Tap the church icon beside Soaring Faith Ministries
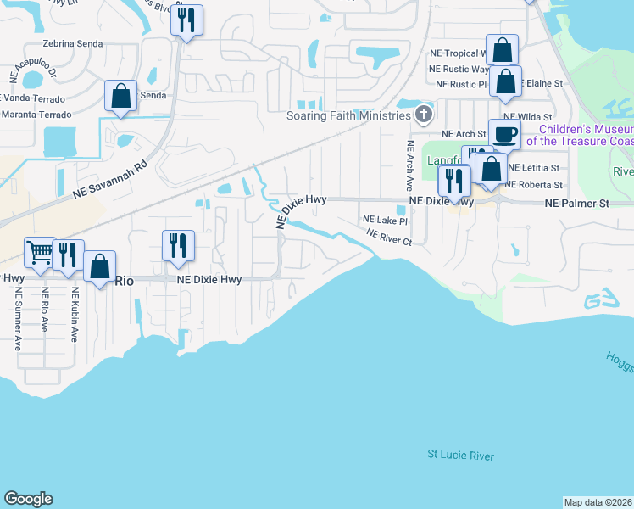tap(424, 114)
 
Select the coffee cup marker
tap(504, 135)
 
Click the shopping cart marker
tap(40, 252)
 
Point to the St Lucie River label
tap(460, 456)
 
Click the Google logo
tap(28, 499)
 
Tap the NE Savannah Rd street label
tap(110, 181)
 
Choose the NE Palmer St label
tap(577, 204)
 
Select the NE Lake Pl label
tap(386, 220)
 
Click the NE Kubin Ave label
tap(74, 315)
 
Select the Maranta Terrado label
tap(33, 114)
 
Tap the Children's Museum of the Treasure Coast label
tap(580, 135)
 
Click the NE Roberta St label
tap(533, 185)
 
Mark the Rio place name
tap(125, 280)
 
